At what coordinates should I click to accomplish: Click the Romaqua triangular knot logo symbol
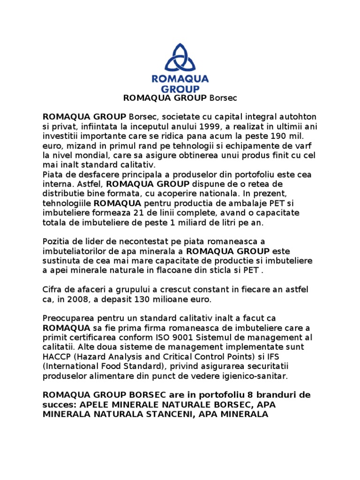tap(180, 59)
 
